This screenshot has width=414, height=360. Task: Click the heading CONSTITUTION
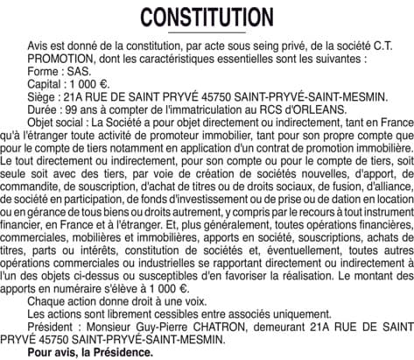[x=207, y=17]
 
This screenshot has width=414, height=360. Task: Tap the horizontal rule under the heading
[x=207, y=32]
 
